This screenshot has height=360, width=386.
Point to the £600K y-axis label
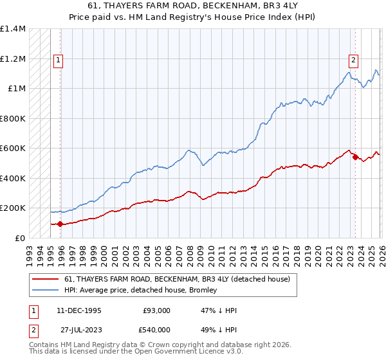[12, 148]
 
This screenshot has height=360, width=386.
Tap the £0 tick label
[19, 238]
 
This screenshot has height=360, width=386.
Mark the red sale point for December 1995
[60, 224]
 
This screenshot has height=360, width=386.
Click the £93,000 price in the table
[157, 310]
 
